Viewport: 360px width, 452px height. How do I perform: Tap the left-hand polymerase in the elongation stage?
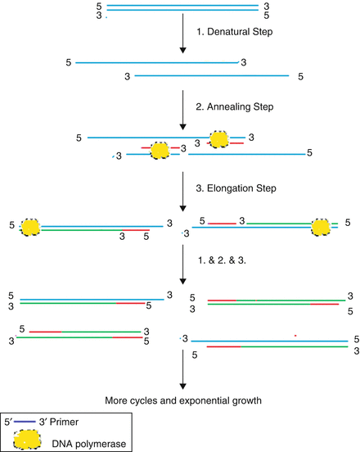30,227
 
